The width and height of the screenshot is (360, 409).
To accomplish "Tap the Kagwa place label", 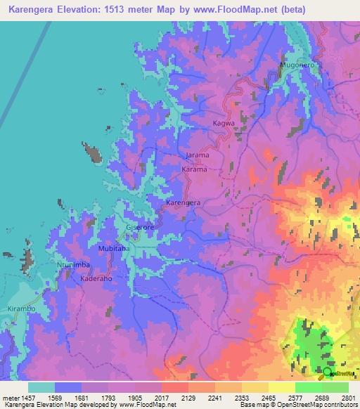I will click(224, 123).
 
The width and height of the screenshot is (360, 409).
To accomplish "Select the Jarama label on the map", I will click(198, 155).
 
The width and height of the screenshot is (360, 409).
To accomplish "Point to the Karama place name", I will click(194, 169).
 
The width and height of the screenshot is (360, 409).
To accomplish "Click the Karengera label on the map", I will click(183, 202).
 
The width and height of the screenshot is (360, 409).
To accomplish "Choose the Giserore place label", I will click(139, 228).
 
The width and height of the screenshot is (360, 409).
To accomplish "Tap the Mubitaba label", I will click(114, 249).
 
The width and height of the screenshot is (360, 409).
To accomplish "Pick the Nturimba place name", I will click(73, 265).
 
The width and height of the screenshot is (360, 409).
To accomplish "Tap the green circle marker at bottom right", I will click(327, 371).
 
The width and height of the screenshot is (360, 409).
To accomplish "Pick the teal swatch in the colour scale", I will click(41, 387).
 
